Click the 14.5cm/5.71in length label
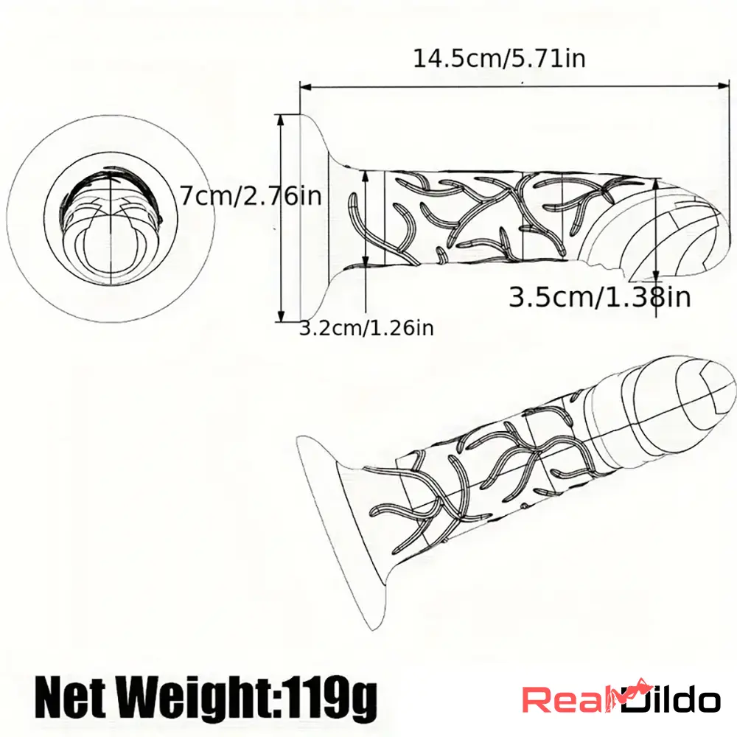499,58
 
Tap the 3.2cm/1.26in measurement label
366,328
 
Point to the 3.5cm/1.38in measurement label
600,297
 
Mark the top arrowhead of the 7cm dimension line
280,119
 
